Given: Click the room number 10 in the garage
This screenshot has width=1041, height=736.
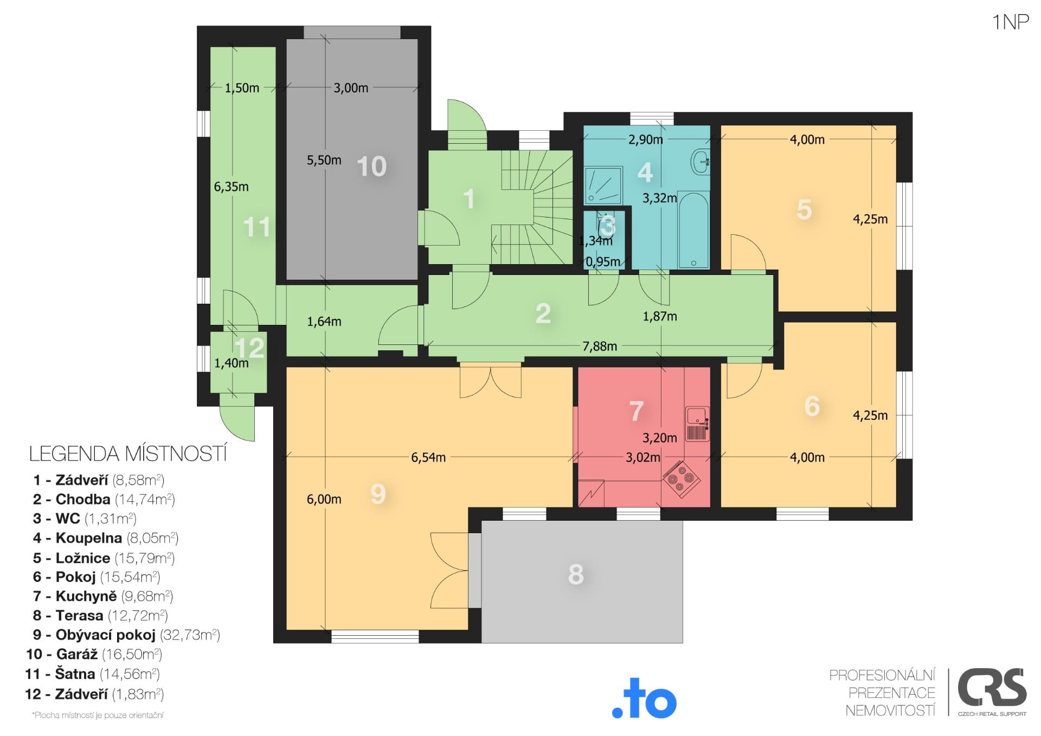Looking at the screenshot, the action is tap(372, 167).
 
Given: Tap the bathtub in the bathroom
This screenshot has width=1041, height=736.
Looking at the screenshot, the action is tap(693, 229).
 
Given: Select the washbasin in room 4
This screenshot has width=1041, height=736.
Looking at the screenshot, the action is tap(701, 161).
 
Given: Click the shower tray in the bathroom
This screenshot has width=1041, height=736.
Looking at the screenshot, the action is tap(603, 185).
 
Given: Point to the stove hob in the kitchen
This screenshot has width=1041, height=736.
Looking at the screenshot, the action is tap(681, 478).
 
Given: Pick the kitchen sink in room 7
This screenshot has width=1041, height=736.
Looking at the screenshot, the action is tap(697, 424).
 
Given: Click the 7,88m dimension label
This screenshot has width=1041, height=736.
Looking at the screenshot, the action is tap(600, 346).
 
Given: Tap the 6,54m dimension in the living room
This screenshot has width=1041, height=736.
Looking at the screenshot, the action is tap(428, 457).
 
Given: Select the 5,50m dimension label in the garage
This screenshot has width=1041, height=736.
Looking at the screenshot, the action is tap(324, 160).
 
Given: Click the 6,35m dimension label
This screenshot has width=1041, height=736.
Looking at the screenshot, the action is tap(232, 187).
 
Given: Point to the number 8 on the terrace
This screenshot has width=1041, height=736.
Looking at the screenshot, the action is tap(576, 574).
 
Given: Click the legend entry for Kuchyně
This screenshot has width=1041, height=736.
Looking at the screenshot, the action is tap(103, 596).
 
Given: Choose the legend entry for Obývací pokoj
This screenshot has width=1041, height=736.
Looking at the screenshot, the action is tap(126, 635).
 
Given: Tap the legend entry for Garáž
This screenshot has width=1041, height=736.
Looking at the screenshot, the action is tap(94, 654).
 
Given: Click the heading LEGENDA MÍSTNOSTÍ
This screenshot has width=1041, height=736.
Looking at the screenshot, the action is tap(128, 454).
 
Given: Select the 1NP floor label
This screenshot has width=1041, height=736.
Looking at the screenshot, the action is tap(1011, 22).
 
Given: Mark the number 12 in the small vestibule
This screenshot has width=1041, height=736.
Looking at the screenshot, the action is tap(249, 348).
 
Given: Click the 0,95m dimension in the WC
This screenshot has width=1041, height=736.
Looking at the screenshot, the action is tap(603, 262).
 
